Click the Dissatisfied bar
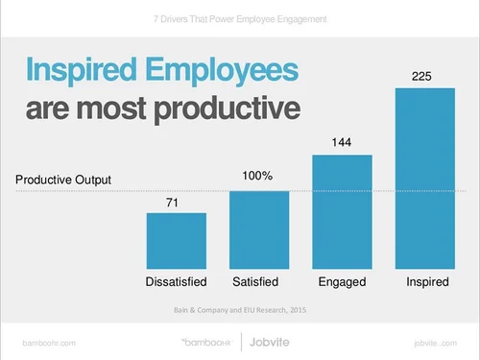[177, 241]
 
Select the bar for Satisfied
[259, 230]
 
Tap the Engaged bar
[342, 212]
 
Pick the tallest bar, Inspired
[425, 179]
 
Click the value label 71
[172, 203]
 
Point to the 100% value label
[257, 176]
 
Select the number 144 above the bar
[342, 142]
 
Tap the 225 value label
[421, 77]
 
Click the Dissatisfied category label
[176, 282]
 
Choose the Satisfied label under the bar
[255, 282]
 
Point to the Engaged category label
[342, 282]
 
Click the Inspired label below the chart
[427, 282]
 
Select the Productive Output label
[63, 180]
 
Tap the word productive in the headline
[228, 109]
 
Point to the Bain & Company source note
[240, 310]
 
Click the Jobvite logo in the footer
[270, 342]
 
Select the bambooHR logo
[206, 343]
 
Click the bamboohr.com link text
[49, 343]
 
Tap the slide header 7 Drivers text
[240, 19]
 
